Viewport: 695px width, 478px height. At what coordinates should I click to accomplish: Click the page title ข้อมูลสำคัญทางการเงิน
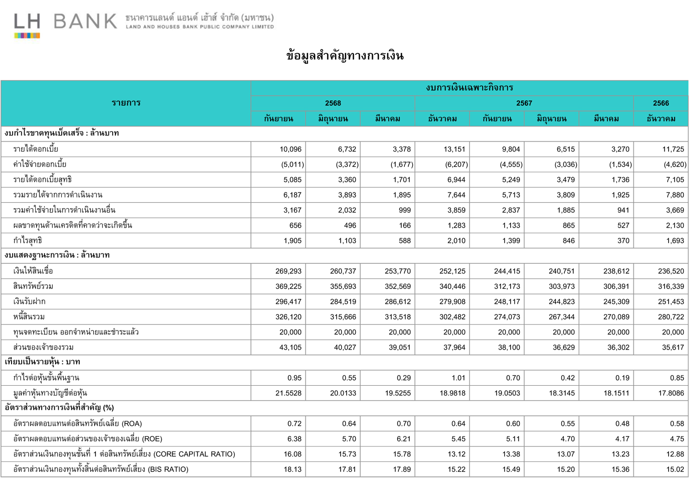tap(345, 56)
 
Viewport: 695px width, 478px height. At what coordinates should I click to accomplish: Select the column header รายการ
tap(126, 103)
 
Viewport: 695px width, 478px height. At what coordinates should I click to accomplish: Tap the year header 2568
tap(333, 103)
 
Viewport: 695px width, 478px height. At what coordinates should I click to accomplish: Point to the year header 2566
tap(661, 103)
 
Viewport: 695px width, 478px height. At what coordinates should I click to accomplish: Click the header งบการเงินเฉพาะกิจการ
tap(469, 88)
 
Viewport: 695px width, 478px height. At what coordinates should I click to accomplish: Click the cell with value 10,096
tap(290, 149)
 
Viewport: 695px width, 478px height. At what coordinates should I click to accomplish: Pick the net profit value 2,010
tap(454, 241)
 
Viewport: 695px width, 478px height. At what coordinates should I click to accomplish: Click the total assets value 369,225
tap(288, 287)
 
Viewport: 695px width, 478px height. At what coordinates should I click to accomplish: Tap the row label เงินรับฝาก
tap(30, 302)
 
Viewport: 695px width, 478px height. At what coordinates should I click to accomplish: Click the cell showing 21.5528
tap(288, 393)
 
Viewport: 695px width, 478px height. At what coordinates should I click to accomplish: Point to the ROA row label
tap(77, 424)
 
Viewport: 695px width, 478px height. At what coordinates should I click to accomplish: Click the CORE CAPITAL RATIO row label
tap(124, 454)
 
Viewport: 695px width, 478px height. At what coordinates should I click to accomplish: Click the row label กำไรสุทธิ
tap(28, 241)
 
